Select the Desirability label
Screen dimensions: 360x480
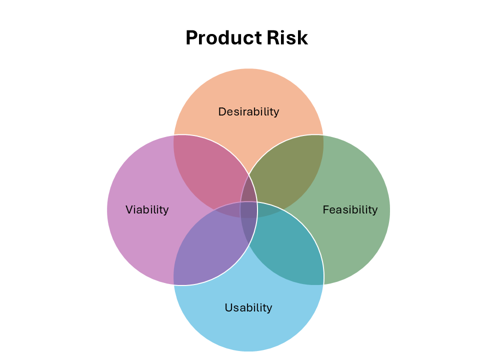pyautogui.click(x=248, y=111)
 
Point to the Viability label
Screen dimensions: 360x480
pyautogui.click(x=147, y=209)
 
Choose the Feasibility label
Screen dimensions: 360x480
pyautogui.click(x=350, y=209)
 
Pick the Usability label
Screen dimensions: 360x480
pyautogui.click(x=248, y=307)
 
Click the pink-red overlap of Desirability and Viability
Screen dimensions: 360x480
pyautogui.click(x=210, y=170)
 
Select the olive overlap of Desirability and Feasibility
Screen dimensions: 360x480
pyautogui.click(x=287, y=170)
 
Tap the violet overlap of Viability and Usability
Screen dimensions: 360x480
pyautogui.click(x=210, y=247)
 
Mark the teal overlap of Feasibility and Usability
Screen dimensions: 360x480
pyautogui.click(x=287, y=247)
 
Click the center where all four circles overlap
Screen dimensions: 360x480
pyautogui.click(x=249, y=209)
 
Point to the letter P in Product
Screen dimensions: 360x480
pyautogui.click(x=191, y=38)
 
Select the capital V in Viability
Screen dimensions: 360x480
pyautogui.click(x=129, y=209)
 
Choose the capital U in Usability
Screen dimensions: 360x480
pyautogui.click(x=228, y=307)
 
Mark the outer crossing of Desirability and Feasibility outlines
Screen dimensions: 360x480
pyautogui.click(x=323, y=135)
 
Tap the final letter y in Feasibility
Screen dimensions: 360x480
pyautogui.click(x=375, y=210)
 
